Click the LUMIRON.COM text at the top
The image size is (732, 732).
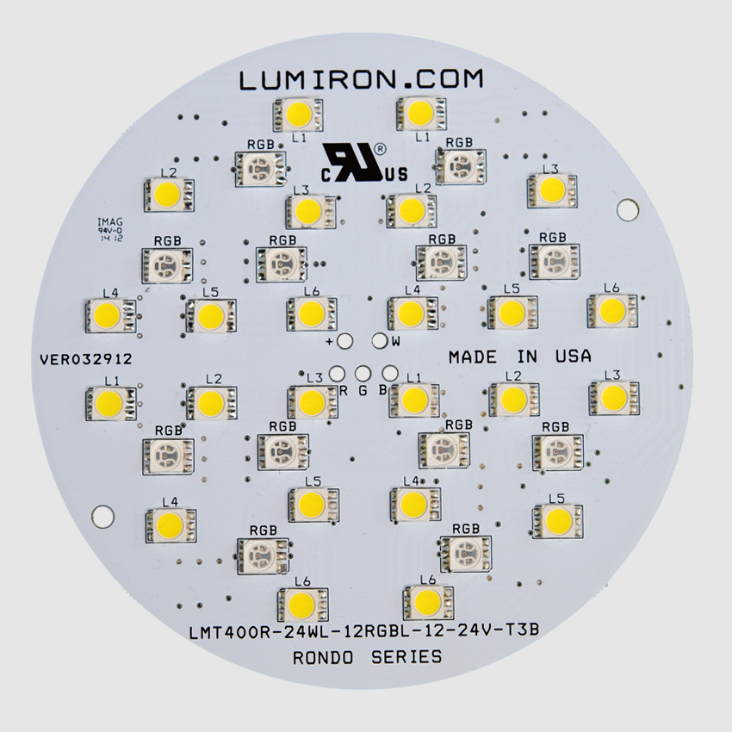point(362,81)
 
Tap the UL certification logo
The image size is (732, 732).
point(357,161)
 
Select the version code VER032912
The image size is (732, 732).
point(85,359)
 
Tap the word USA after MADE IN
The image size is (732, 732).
point(571,356)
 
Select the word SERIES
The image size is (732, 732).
point(408,658)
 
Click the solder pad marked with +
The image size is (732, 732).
point(345,341)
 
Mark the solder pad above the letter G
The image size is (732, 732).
point(363,374)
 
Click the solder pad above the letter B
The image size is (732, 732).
point(388,374)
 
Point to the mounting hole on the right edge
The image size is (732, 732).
point(628,209)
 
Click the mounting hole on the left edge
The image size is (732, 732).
point(102,516)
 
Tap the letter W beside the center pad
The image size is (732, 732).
point(395,342)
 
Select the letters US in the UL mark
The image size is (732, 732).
point(397,176)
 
